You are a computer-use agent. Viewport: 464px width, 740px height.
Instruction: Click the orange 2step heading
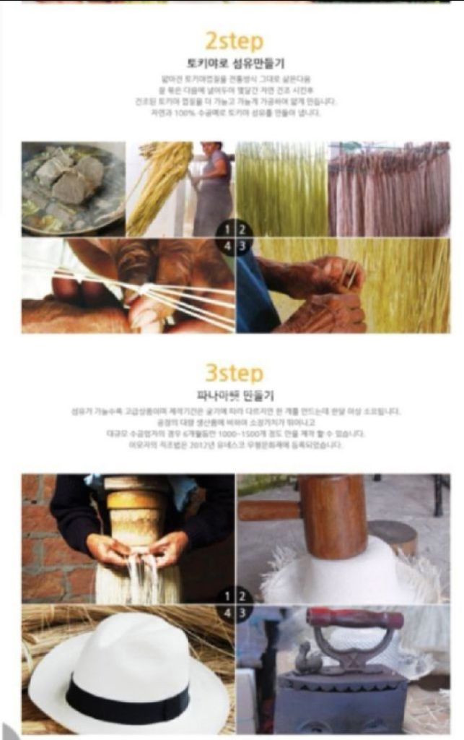pyautogui.click(x=235, y=40)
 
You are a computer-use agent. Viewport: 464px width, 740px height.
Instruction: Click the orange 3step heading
pyautogui.click(x=235, y=374)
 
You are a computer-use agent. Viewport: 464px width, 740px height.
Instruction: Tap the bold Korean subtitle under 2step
pyautogui.click(x=235, y=63)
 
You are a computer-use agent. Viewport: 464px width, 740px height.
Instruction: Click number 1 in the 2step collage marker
pyautogui.click(x=227, y=231)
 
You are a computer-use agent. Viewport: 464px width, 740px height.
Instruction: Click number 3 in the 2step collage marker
pyautogui.click(x=243, y=246)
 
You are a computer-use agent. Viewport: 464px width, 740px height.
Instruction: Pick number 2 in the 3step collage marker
pyautogui.click(x=243, y=597)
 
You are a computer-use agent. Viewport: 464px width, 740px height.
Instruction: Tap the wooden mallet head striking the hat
pyautogui.click(x=334, y=517)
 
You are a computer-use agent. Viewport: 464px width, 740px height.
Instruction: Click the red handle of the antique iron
pyautogui.click(x=354, y=619)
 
